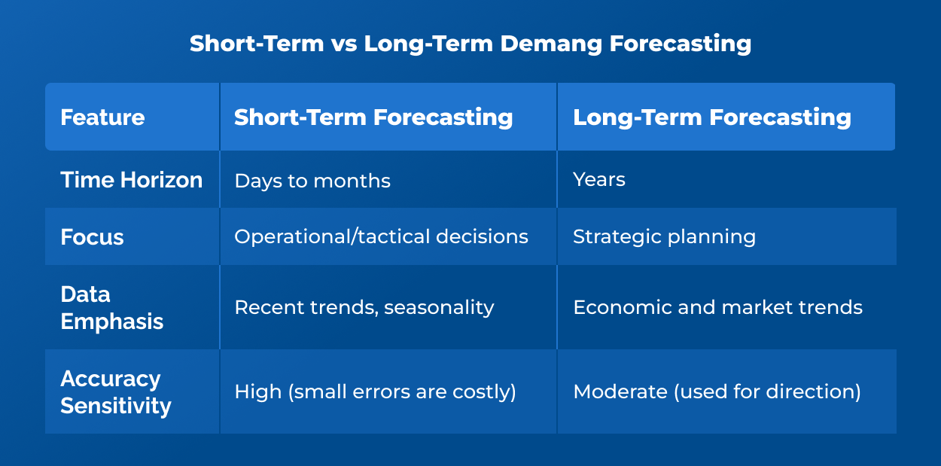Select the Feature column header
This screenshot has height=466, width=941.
pyautogui.click(x=102, y=117)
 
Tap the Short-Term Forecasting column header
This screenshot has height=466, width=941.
pyautogui.click(x=373, y=117)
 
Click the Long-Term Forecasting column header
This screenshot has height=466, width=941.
pyautogui.click(x=711, y=117)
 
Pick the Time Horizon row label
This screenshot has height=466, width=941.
pyautogui.click(x=131, y=180)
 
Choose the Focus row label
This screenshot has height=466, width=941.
pyautogui.click(x=92, y=237)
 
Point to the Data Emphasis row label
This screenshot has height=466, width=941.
pyautogui.click(x=111, y=307)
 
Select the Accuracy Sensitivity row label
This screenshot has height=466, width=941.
pyautogui.click(x=115, y=391)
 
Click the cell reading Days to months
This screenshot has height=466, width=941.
pyautogui.click(x=312, y=181)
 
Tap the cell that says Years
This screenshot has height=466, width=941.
pyautogui.click(x=598, y=180)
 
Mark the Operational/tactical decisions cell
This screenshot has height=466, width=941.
pyautogui.click(x=381, y=237)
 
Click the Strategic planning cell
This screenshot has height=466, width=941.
pyautogui.click(x=664, y=237)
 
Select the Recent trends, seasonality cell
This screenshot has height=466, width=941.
pyautogui.click(x=364, y=307)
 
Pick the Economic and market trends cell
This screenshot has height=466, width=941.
pyautogui.click(x=717, y=307)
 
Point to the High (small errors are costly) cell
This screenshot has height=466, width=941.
pyautogui.click(x=375, y=391)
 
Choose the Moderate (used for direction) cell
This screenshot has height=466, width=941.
pyautogui.click(x=717, y=391)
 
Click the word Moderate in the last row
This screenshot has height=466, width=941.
pyautogui.click(x=613, y=391)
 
